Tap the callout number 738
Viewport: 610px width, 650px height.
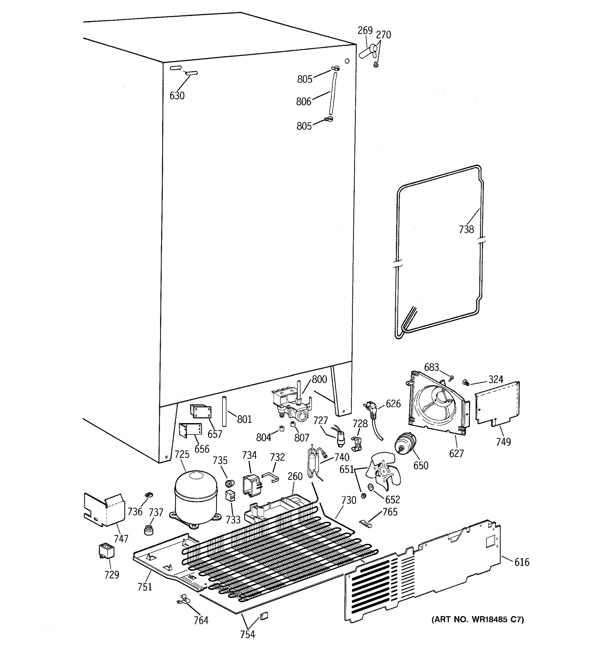(x=466, y=229)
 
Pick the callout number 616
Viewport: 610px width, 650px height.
(x=522, y=562)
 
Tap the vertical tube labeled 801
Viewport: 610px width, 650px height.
(x=224, y=411)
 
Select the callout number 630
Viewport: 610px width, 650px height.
(x=177, y=96)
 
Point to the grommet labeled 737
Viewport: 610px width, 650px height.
(x=149, y=529)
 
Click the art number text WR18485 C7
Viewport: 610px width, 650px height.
(x=477, y=619)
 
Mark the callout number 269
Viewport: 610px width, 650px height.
(x=365, y=30)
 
